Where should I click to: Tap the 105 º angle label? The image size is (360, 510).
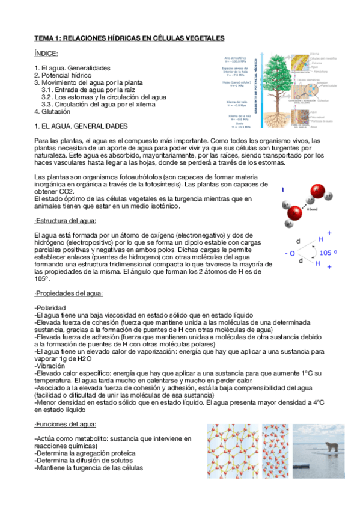pos(329,253)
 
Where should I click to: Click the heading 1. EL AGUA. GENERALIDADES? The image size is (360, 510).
pos(81,126)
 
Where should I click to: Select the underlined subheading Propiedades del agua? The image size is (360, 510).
pos(69,293)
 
